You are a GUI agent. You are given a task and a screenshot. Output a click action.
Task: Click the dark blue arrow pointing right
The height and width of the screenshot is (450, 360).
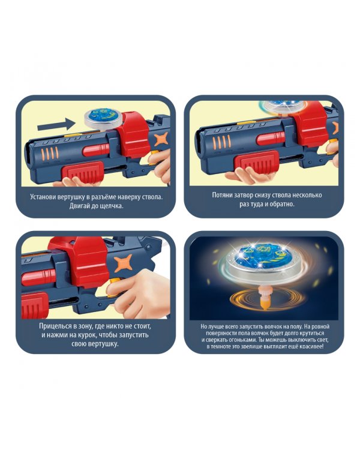pos(56,125)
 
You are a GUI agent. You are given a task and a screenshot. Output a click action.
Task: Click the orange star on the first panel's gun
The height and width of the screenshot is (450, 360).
pos(161,140)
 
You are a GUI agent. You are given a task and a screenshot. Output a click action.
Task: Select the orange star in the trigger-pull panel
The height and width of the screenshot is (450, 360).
pos(123,263)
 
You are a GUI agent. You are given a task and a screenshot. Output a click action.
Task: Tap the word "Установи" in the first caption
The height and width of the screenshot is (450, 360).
pos(43,197)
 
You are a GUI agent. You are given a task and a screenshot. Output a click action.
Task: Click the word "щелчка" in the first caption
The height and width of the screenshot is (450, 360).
pos(112,206)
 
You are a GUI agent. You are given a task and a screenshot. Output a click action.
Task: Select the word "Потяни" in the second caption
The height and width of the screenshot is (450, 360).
pos(222,195)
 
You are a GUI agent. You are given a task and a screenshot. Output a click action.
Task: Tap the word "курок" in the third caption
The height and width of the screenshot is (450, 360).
pos(97,335)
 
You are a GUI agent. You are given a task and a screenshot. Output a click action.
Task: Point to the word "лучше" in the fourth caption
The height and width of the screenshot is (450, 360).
pos(214,326)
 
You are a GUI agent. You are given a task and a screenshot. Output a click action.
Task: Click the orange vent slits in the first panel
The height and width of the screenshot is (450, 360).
pos(50,152)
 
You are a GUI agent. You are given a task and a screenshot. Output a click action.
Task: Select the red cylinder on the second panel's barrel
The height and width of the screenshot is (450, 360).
pos(271,139)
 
